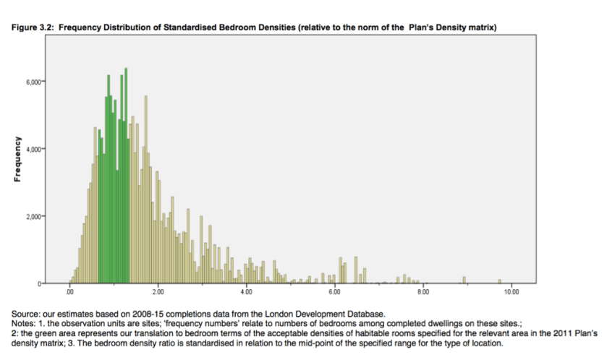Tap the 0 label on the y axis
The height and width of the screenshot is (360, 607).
tap(42, 284)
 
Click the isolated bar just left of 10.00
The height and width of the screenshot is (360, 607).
tap(499, 281)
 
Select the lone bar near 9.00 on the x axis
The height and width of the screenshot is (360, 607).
tap(464, 280)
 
